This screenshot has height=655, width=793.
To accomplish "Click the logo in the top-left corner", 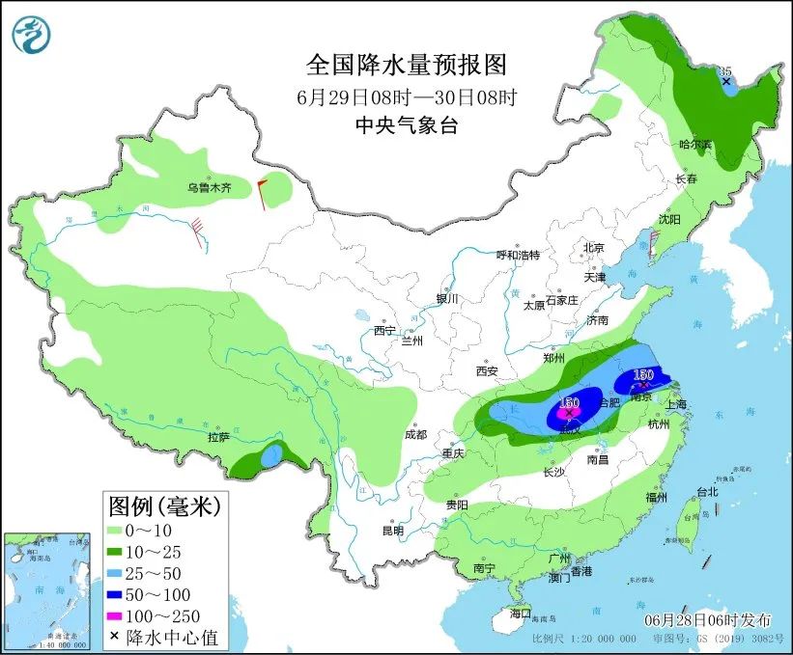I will [x=31, y=34].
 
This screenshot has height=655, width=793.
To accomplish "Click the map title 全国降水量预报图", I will [x=406, y=65].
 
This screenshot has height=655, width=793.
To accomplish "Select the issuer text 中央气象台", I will [x=406, y=124].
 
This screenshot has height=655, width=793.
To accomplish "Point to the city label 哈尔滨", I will [x=694, y=144].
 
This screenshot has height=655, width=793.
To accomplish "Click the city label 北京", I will [x=592, y=248].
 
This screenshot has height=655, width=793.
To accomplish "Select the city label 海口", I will [x=521, y=613].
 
